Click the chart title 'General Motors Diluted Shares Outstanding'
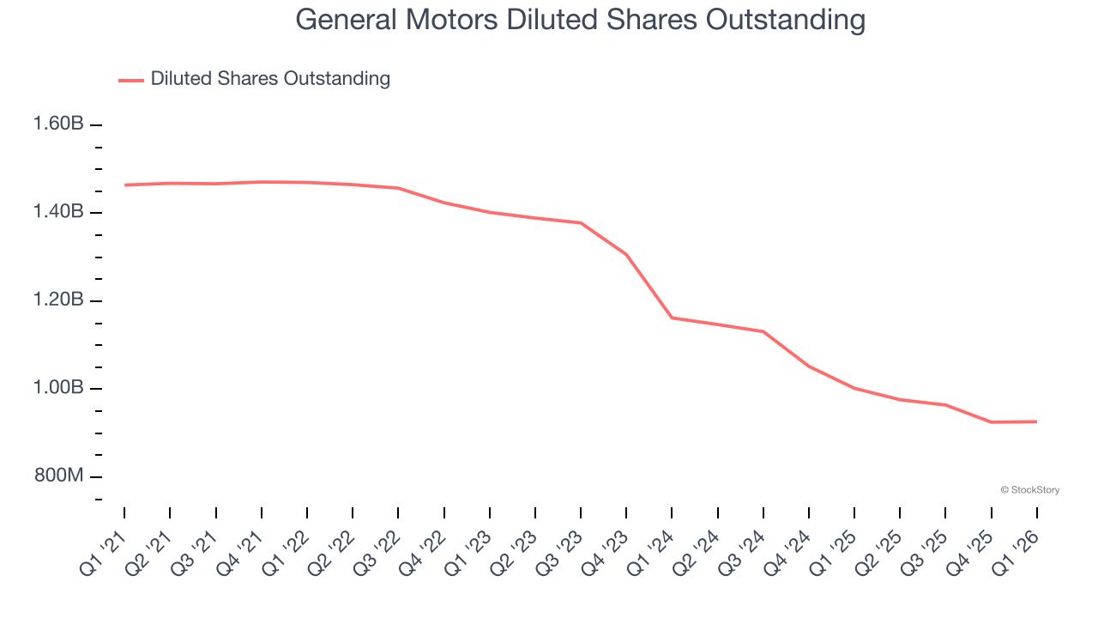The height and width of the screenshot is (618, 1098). tap(580, 20)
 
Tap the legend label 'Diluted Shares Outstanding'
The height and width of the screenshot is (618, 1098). tap(270, 79)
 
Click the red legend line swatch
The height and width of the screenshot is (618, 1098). tap(131, 80)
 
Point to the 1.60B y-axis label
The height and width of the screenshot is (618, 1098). tap(58, 124)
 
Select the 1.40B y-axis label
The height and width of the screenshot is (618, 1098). tap(58, 212)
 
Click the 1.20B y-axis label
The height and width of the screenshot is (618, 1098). tap(58, 300)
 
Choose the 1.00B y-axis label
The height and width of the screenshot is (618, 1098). tap(58, 388)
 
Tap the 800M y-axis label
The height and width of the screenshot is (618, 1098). tap(58, 476)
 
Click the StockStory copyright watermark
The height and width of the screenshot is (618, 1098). tap(1029, 490)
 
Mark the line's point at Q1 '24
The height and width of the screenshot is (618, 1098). tap(672, 318)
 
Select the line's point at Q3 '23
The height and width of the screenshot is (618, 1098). tap(581, 223)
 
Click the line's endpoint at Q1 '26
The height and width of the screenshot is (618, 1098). tap(1036, 421)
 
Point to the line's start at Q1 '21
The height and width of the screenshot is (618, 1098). tap(124, 185)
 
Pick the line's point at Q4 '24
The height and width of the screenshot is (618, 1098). tap(809, 367)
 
